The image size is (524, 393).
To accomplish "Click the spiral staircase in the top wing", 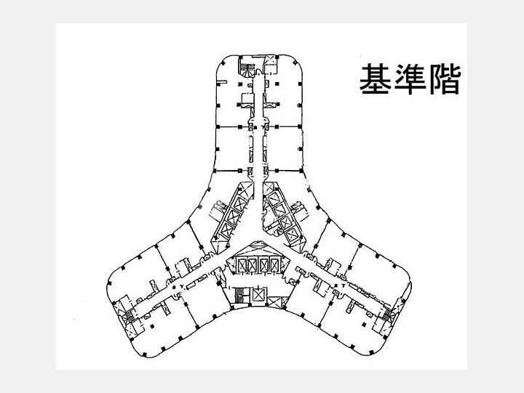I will pyautogui.click(x=247, y=70).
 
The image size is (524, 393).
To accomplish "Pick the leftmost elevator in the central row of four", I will pyautogui.click(x=242, y=264).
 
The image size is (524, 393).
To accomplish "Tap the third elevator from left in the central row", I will pyautogui.click(x=266, y=264).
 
